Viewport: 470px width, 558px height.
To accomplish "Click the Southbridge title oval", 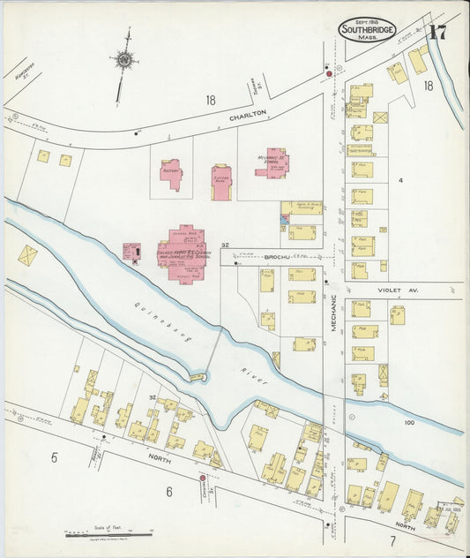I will [367, 30].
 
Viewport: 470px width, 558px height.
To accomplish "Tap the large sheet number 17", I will [438, 34].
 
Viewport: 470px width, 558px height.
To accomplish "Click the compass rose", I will [125, 61].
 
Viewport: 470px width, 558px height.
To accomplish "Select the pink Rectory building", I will [171, 173].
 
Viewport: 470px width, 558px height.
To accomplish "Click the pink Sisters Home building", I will [220, 180].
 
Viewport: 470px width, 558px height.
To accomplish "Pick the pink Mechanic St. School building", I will [272, 162].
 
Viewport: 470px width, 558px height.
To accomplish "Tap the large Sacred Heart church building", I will [183, 252].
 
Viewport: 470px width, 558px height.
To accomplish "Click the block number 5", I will [54, 457].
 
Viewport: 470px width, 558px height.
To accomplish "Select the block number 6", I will [168, 491].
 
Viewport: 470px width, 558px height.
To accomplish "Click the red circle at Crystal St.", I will [202, 479].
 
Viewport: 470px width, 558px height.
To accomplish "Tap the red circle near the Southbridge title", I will [330, 73].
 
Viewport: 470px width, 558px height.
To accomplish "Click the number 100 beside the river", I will [409, 423].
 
